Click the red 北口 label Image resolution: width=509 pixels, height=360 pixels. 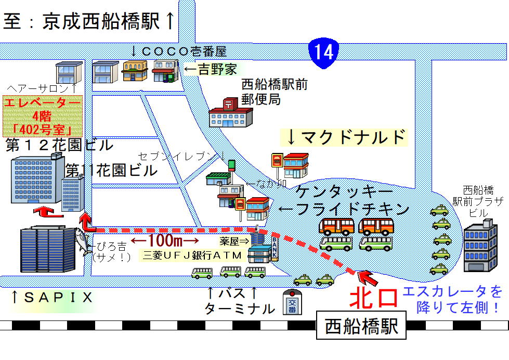pos(373,298)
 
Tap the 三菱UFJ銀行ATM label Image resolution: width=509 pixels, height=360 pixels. pos(192,255)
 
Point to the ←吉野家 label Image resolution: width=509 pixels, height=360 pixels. pos(211,70)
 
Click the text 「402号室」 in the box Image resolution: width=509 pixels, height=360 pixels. pos(43,127)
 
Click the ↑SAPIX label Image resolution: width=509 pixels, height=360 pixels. pos(52,298)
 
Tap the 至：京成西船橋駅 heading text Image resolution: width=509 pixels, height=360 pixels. pos(88,21)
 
